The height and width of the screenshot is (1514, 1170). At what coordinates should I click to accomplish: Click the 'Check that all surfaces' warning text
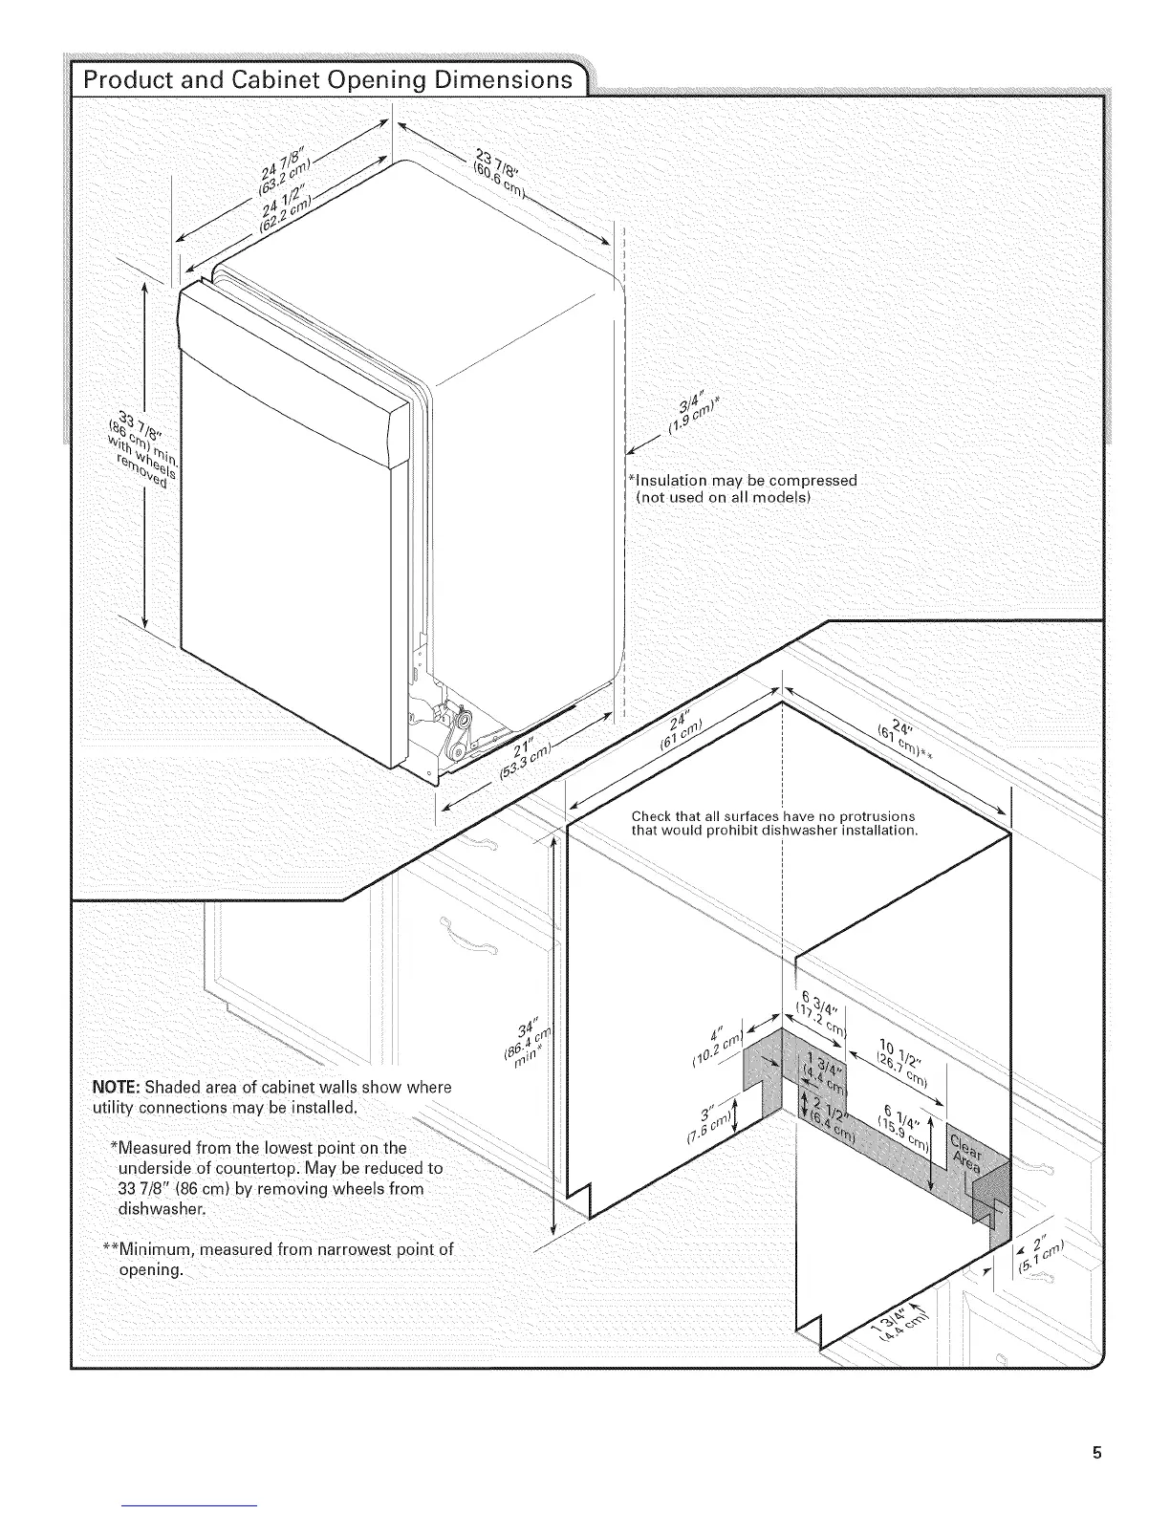774,823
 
